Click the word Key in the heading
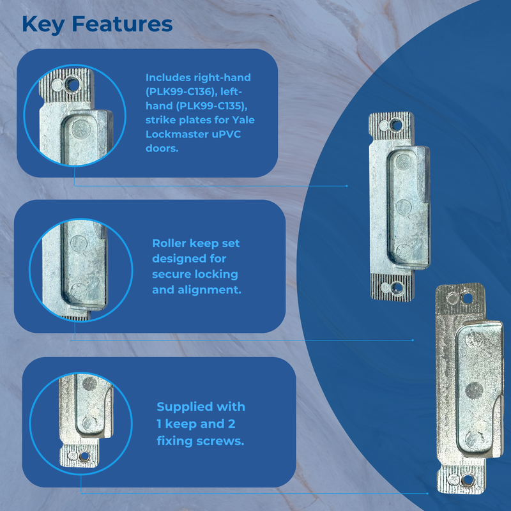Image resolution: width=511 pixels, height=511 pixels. coord(43,24)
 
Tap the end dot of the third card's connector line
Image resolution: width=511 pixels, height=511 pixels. coord(427,493)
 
